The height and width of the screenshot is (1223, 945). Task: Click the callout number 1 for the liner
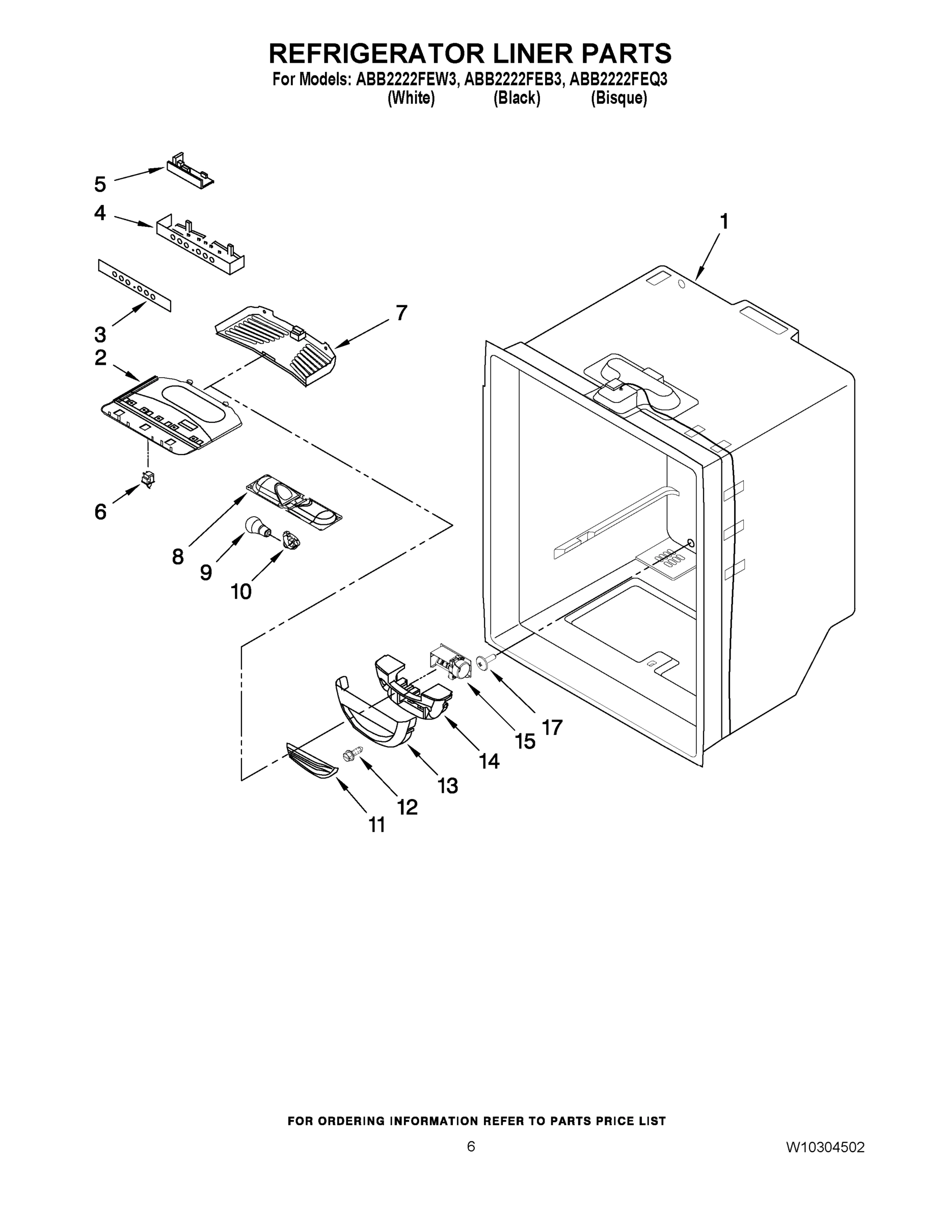click(724, 222)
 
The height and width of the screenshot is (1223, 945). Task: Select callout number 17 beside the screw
click(552, 727)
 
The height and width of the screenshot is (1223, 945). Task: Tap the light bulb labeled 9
click(257, 526)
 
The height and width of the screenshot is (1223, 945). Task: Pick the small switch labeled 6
click(148, 479)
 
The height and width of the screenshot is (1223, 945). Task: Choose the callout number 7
click(401, 312)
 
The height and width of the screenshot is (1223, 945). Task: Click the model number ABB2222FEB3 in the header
click(512, 79)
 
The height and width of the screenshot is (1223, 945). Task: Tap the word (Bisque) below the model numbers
click(618, 98)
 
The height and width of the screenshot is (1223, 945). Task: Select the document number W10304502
click(825, 1148)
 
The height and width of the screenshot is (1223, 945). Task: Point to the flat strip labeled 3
click(134, 284)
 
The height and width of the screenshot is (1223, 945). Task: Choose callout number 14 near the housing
click(489, 761)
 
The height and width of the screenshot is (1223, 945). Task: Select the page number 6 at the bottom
click(471, 1146)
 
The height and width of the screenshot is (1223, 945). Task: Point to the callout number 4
click(100, 213)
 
